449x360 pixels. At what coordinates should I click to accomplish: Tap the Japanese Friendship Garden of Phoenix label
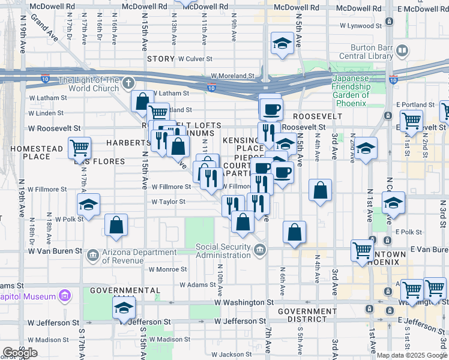[360, 91]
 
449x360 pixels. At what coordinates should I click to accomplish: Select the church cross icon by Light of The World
[128, 83]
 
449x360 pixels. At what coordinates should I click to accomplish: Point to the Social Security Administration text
[223, 251]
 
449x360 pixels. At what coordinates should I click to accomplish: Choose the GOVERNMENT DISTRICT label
[307, 316]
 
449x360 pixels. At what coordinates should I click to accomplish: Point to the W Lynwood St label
[361, 26]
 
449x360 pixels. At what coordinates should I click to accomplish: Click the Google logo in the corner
[20, 352]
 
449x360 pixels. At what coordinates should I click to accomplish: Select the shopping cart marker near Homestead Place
[79, 146]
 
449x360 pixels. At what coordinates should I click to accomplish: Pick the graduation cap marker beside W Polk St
[88, 204]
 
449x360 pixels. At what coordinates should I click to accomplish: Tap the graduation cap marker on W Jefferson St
[124, 308]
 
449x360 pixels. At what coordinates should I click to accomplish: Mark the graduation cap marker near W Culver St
[282, 43]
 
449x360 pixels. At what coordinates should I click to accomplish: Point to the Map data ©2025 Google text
[412, 355]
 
